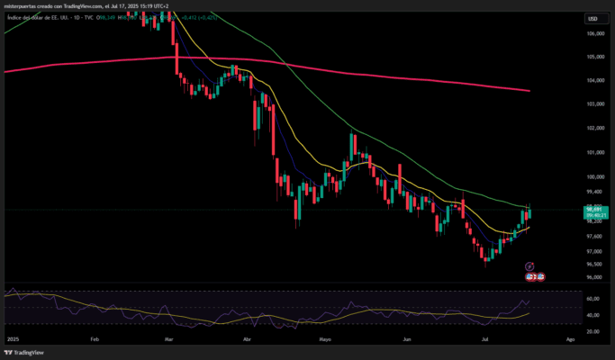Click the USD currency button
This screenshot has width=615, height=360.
(592, 18)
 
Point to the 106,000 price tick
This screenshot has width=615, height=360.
(594, 34)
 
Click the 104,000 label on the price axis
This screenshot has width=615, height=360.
(594, 80)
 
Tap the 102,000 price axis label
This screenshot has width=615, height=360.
(594, 127)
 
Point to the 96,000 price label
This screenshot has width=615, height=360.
(594, 277)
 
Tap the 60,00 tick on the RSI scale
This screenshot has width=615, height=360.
(592, 299)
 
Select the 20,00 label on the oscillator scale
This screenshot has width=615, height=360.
(592, 331)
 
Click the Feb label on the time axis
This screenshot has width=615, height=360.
(95, 339)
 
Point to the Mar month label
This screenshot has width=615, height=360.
(169, 339)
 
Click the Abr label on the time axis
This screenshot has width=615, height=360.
(248, 339)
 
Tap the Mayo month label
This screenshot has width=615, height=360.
(325, 339)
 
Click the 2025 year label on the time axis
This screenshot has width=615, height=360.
(12, 339)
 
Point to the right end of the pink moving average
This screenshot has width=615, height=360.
(529, 91)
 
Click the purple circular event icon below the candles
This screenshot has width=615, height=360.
(529, 266)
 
